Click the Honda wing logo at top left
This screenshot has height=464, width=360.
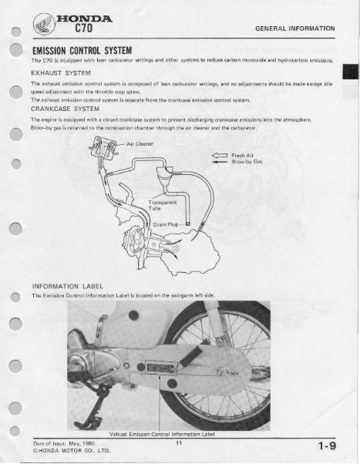[49, 24]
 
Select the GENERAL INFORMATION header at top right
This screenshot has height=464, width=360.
[297, 27]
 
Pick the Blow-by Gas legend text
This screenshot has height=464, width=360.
[247, 163]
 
